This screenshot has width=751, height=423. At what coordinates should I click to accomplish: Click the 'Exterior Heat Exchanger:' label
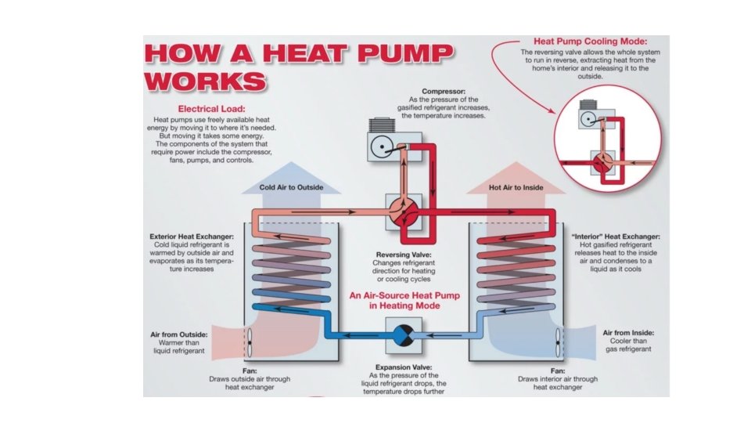pyautogui.click(x=192, y=237)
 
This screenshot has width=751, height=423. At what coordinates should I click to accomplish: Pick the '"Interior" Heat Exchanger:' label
pyautogui.click(x=616, y=237)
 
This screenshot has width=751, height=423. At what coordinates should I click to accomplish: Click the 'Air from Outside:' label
pyautogui.click(x=179, y=334)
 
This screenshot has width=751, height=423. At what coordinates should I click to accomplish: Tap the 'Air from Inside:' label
pyautogui.click(x=628, y=332)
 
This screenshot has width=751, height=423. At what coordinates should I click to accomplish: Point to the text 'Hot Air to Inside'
pyautogui.click(x=515, y=188)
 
